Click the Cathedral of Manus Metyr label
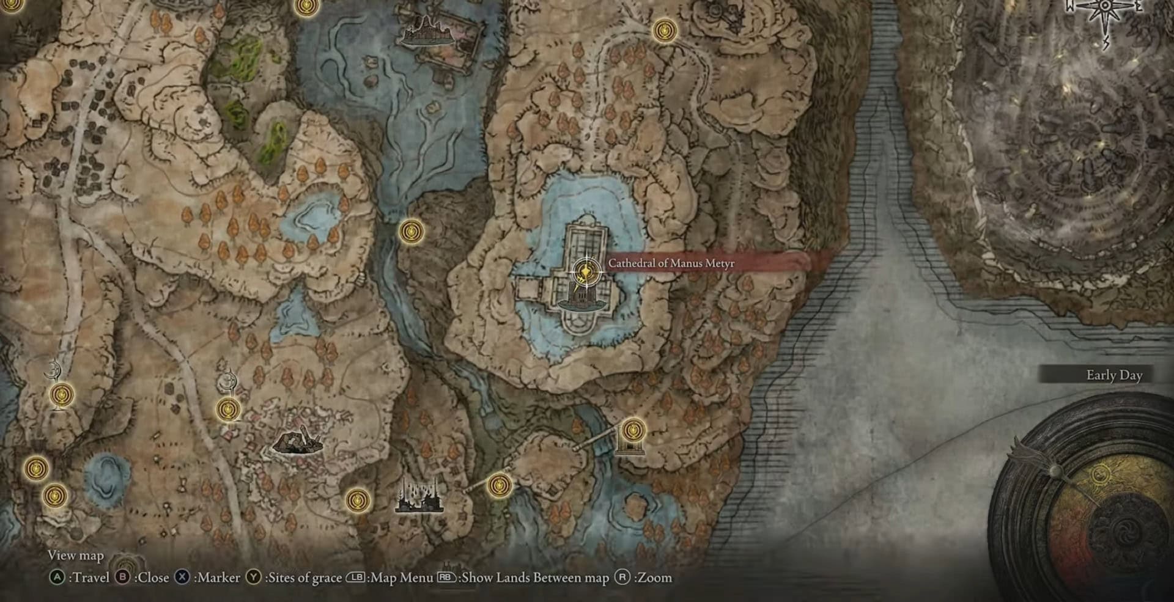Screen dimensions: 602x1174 tap(671, 263)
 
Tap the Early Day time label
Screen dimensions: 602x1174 tap(1114, 375)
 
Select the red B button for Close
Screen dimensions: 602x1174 tap(122, 578)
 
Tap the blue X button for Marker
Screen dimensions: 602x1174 tap(182, 578)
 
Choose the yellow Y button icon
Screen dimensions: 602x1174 tap(253, 578)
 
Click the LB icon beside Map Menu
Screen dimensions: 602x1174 tap(355, 578)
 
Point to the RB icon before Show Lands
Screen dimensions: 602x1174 tap(446, 578)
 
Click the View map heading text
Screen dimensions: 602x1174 tap(76, 555)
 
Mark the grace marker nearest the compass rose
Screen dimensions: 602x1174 tap(664, 30)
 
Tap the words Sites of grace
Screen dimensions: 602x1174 tap(305, 578)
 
